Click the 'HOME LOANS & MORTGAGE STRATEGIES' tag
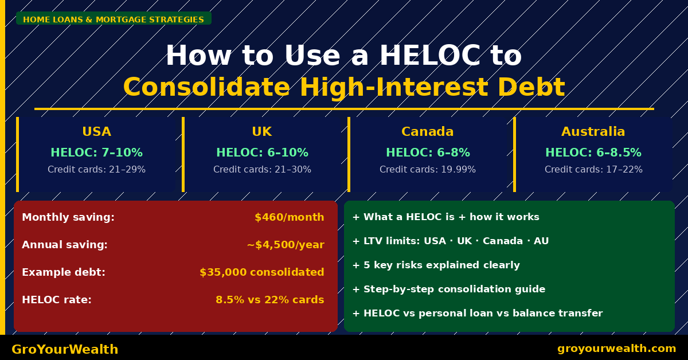click(x=114, y=19)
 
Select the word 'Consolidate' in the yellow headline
click(x=206, y=87)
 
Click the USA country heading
click(x=96, y=132)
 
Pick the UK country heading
click(x=261, y=132)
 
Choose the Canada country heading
click(x=427, y=132)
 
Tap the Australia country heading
click(x=593, y=132)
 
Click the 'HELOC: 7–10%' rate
click(x=96, y=153)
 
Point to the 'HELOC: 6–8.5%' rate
click(x=593, y=153)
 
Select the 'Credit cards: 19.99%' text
click(x=427, y=170)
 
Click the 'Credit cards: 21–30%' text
click(x=262, y=170)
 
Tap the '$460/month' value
click(x=289, y=217)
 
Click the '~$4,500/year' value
click(x=285, y=245)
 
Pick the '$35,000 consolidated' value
click(x=261, y=272)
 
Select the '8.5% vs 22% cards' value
click(x=269, y=300)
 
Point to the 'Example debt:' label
click(x=64, y=272)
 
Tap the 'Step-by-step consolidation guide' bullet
click(x=449, y=289)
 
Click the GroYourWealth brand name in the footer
click(x=65, y=350)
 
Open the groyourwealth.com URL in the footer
click(x=616, y=349)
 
